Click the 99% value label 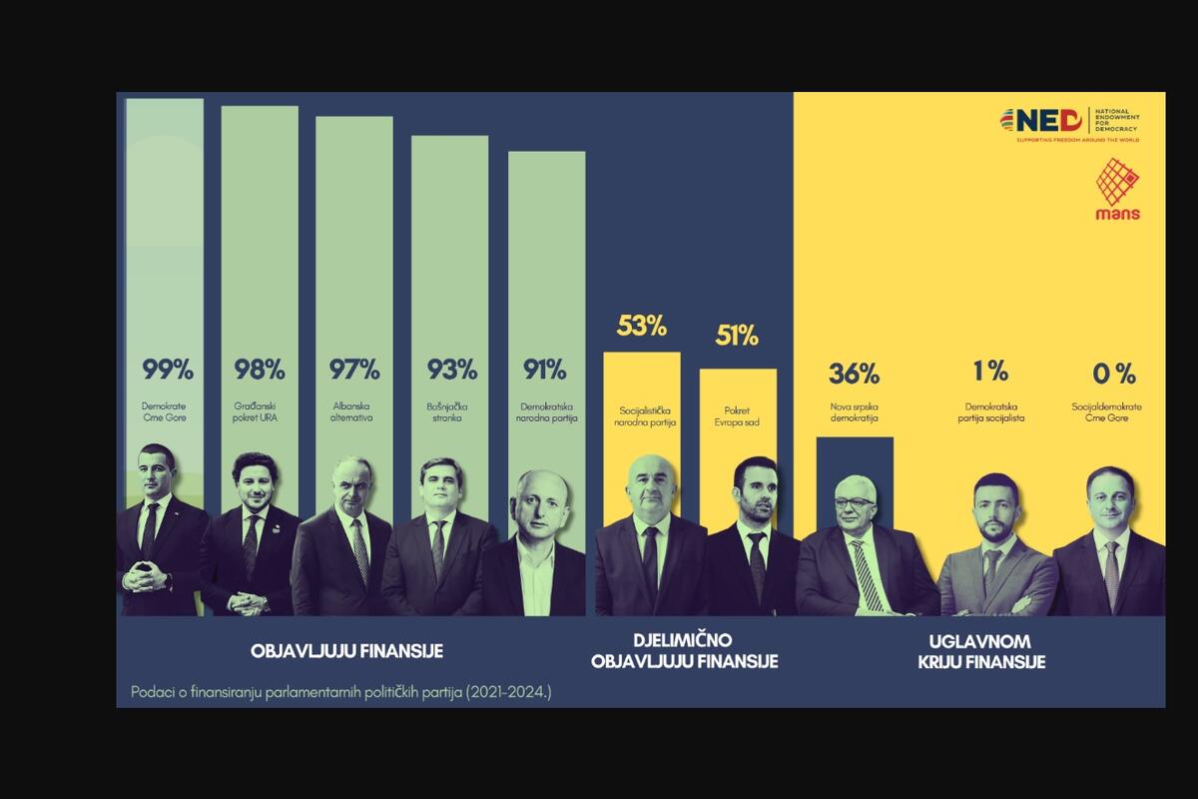pos(167,371)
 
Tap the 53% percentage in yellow pos(642,326)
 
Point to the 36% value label pos(854,375)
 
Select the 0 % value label pos(1114,375)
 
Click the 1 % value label pos(990,372)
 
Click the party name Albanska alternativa pos(354,412)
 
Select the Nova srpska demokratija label pos(854,412)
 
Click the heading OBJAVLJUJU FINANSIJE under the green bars pos(346,651)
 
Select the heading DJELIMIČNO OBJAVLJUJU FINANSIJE pos(684,651)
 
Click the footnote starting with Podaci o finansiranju pos(340,691)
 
